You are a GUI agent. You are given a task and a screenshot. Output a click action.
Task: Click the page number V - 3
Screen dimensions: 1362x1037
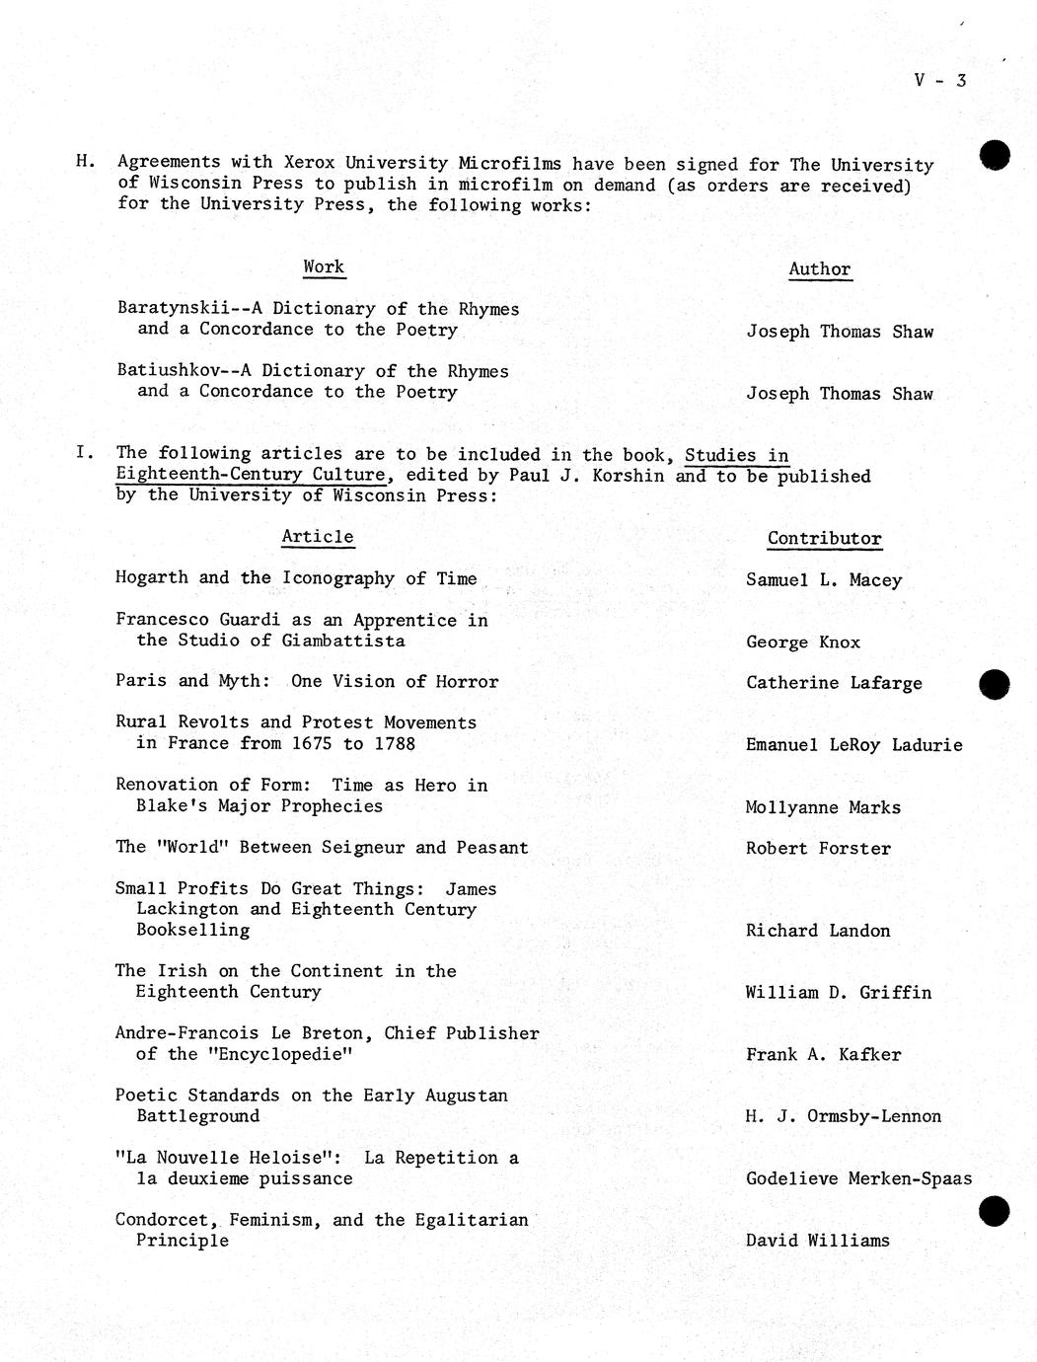tap(939, 80)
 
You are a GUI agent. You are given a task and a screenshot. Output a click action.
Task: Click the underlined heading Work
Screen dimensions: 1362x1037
tap(324, 266)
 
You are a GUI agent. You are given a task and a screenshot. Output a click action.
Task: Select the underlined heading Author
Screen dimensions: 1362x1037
tap(819, 269)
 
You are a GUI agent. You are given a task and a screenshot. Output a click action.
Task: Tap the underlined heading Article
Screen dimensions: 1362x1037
tap(318, 537)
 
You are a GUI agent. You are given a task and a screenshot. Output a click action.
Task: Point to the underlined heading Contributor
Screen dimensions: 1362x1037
tap(824, 539)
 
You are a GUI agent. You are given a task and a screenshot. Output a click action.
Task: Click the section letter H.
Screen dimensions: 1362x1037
tap(85, 161)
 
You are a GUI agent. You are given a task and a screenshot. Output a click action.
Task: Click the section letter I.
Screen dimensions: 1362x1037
tap(85, 453)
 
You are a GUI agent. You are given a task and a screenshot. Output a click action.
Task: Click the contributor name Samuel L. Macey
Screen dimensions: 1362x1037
tap(824, 580)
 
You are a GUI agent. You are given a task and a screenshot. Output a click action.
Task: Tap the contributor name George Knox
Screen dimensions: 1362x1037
tap(803, 643)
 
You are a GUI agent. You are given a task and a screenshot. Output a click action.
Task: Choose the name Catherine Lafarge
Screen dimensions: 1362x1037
tap(834, 683)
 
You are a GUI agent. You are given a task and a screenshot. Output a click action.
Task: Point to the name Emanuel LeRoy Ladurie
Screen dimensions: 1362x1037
tap(853, 745)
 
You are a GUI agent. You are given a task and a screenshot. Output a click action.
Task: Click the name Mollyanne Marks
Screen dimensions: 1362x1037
tap(823, 807)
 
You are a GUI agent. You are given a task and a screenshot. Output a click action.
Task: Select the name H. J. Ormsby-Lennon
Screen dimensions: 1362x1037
tap(844, 1116)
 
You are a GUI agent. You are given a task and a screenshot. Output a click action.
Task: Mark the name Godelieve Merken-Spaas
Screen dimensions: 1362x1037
tap(858, 1178)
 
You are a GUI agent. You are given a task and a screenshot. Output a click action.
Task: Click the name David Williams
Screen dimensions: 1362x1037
tap(817, 1241)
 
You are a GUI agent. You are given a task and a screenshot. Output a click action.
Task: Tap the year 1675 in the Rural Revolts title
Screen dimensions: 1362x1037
tap(312, 744)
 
